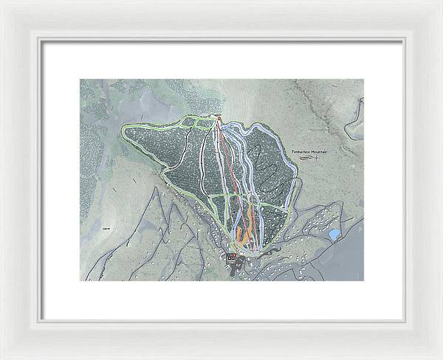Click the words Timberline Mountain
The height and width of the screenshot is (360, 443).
(x=309, y=151)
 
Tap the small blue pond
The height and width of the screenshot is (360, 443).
(x=334, y=235)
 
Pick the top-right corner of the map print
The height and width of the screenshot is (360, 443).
(x=364, y=80)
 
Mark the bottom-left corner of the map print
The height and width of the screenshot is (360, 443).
(x=80, y=280)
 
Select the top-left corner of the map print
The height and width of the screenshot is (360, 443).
(x=80, y=80)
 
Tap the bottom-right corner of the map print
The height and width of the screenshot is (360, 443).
(x=364, y=280)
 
